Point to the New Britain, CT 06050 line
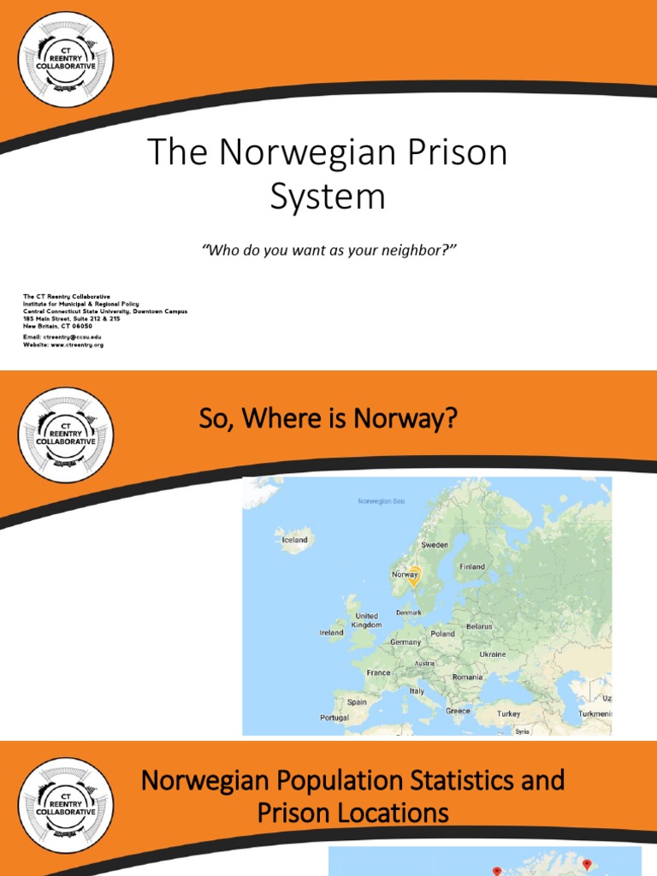[x=57, y=325]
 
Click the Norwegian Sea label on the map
[x=382, y=501]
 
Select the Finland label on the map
[x=471, y=566]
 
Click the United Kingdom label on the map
[x=366, y=620]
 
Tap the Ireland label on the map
[x=331, y=633]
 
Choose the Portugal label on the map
[x=334, y=718]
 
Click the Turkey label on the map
[x=508, y=713]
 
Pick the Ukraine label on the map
[x=492, y=654]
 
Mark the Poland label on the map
[x=442, y=634]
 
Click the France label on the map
[x=379, y=672]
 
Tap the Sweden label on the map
[x=435, y=545]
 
